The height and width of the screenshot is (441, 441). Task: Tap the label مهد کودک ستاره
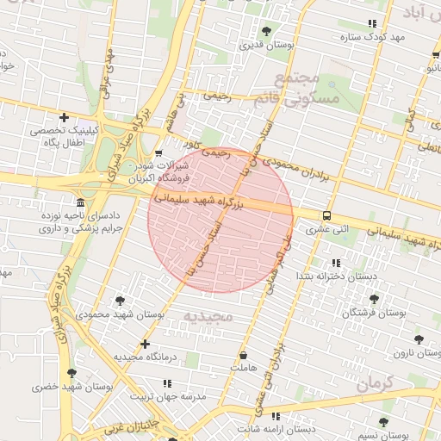[x=373, y=37]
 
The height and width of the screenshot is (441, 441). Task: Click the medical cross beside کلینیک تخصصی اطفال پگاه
[x=64, y=117]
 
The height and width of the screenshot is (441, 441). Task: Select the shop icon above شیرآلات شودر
[x=158, y=153]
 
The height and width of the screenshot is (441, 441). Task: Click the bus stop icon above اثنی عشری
[x=326, y=216]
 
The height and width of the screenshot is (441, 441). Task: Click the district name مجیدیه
[x=208, y=316]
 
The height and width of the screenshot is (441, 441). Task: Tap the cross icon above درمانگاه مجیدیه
[x=145, y=344]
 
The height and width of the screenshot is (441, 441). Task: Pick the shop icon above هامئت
[x=243, y=355]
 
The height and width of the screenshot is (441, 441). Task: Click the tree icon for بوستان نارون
[x=419, y=340]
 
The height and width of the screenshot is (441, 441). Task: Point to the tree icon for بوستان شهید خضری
[x=71, y=373]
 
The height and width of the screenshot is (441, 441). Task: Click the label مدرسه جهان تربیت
[x=169, y=396]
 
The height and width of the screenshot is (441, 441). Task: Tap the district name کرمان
[x=375, y=381]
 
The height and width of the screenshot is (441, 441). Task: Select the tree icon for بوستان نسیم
[x=383, y=421]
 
